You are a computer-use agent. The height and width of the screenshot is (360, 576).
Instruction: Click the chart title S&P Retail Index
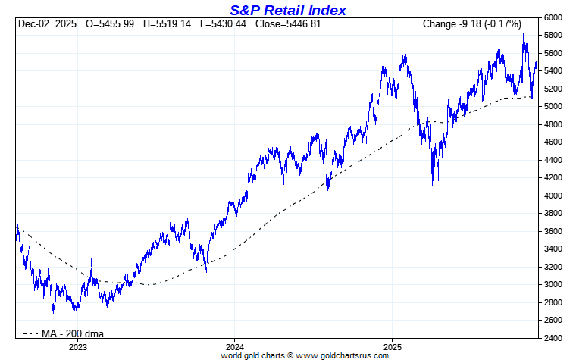coord(287,10)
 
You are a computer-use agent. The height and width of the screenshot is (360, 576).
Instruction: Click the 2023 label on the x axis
coord(78,346)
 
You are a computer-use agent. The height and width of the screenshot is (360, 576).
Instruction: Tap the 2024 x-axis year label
coord(233,346)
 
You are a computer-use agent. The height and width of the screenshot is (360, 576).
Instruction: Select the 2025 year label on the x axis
coord(391,346)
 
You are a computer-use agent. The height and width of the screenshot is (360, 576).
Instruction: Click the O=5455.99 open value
coord(110,24)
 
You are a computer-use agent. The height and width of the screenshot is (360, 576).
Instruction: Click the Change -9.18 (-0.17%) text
coord(471,24)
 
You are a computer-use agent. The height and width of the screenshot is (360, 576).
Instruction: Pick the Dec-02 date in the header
coord(33,24)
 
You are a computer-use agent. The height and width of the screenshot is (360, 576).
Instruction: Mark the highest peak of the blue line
coord(524,35)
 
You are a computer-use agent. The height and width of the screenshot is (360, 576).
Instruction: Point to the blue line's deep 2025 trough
coord(433,183)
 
